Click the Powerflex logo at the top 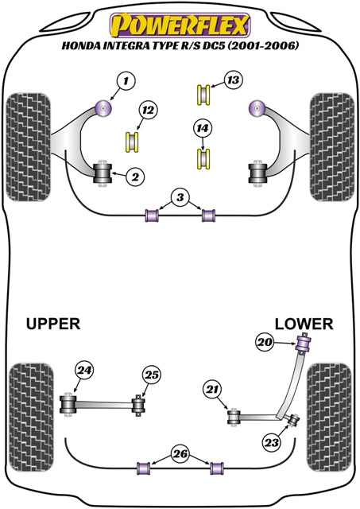click(180, 24)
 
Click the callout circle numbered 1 click(124, 80)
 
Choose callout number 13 click(231, 81)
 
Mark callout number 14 click(203, 127)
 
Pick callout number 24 click(83, 370)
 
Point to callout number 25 click(152, 375)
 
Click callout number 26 click(179, 456)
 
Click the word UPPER click(53, 324)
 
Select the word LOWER click(305, 324)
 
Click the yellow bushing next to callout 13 click(203, 94)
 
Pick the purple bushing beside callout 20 click(303, 344)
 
